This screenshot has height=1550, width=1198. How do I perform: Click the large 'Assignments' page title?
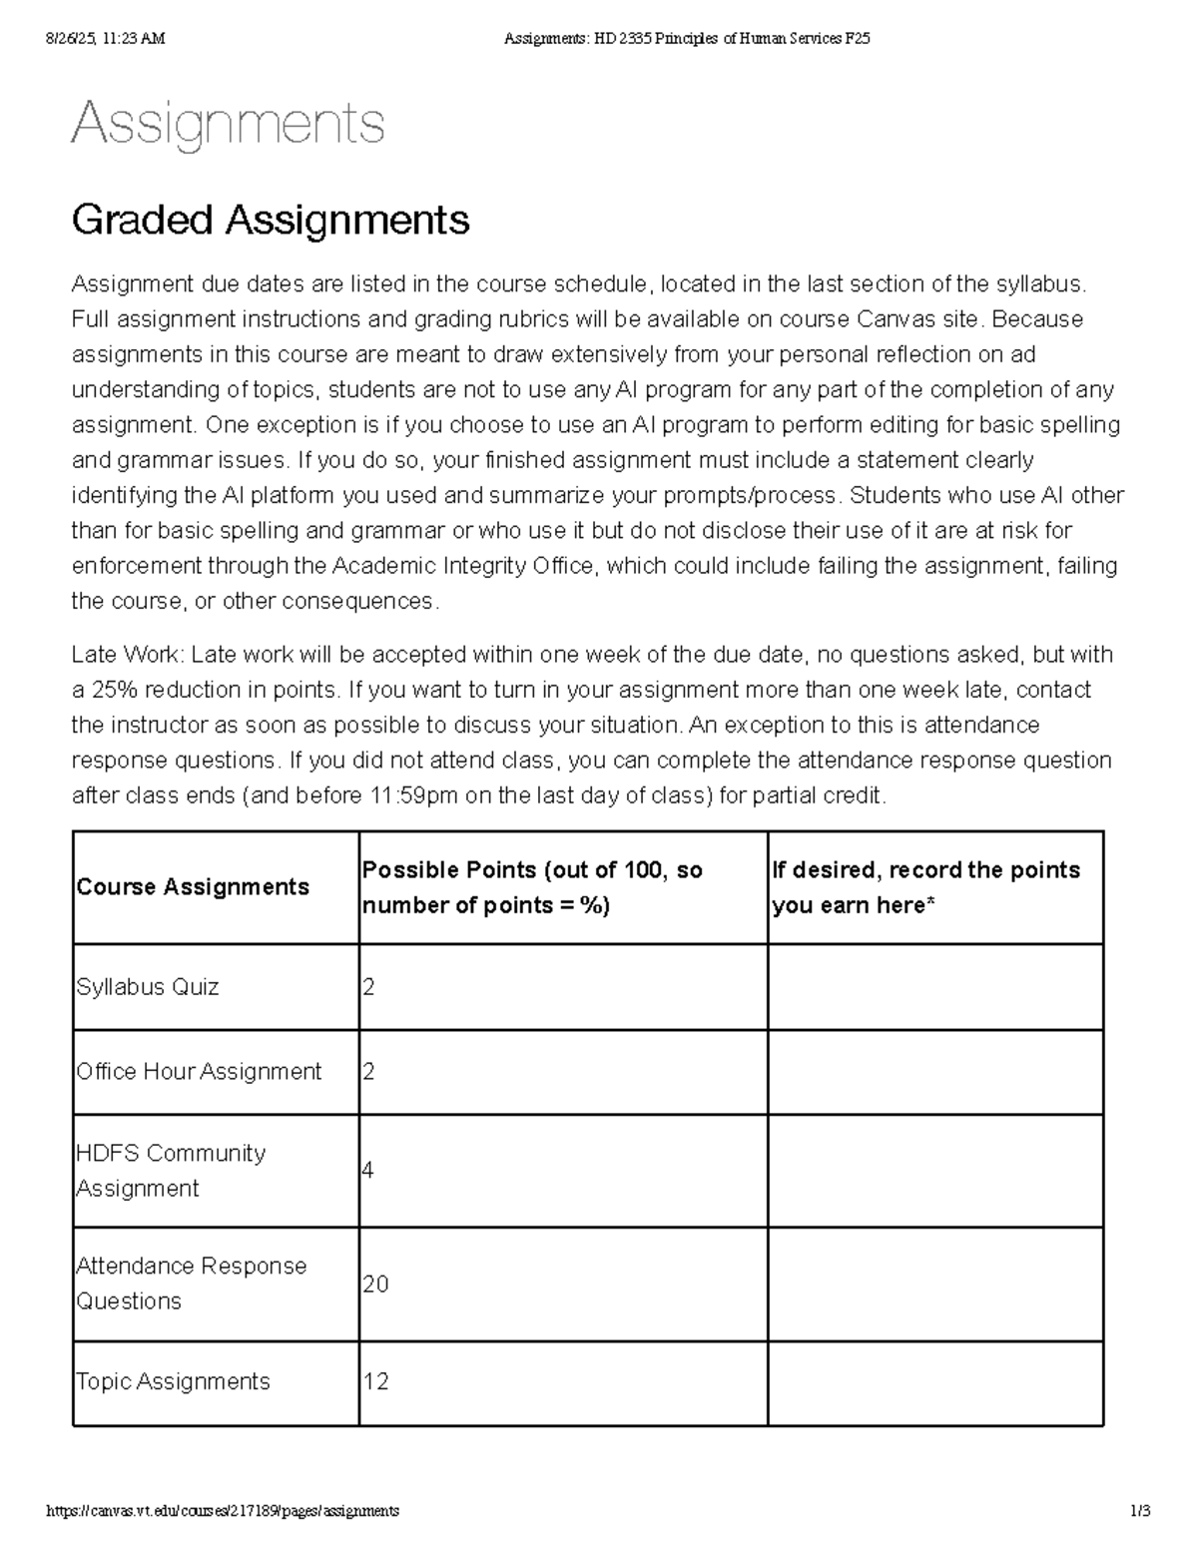pos(228,125)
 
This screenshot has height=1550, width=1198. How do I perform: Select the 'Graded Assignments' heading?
pos(271,220)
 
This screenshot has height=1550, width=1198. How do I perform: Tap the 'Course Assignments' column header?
pos(193,887)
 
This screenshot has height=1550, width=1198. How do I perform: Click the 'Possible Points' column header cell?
pos(532,887)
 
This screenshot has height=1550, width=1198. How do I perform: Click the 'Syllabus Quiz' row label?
pos(148,987)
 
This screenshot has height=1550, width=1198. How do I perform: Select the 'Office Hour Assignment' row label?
pos(199,1072)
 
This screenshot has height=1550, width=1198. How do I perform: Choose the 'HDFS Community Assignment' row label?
pos(171,1171)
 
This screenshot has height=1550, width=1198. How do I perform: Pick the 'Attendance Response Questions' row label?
pos(191,1284)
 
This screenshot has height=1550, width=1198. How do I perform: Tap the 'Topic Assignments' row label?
pos(173,1381)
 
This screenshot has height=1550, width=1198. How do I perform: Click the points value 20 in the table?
pos(375,1284)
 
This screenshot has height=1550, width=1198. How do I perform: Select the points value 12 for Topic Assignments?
pos(375,1381)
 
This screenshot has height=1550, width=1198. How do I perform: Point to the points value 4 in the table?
pos(368,1170)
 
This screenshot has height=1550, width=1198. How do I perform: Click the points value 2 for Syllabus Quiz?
pos(368,987)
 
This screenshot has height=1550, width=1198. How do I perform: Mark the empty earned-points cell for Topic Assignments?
pos(934,1382)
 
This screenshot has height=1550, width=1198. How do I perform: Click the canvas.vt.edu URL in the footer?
pos(224,1511)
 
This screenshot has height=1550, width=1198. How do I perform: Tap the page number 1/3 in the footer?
pos(1140,1511)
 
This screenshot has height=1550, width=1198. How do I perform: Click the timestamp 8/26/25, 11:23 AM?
pos(106,39)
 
